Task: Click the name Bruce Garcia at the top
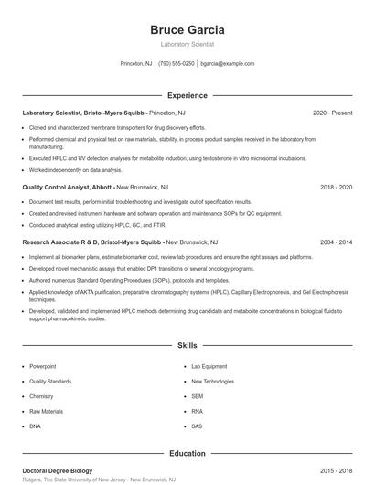coord(187,29)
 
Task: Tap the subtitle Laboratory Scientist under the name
coord(187,44)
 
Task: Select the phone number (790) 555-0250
coord(177,64)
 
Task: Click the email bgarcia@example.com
coord(227,64)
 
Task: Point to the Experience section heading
coord(187,95)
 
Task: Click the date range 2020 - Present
coord(332,113)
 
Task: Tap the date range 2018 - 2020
coord(336,187)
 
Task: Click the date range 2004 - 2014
coord(336,243)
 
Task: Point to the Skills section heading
coord(187,346)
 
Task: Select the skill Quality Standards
coord(50,381)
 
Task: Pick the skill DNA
coord(35,426)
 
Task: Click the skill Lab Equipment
coord(209,366)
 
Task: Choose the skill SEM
coord(198,396)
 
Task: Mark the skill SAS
coord(197,426)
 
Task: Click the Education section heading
coord(187,453)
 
